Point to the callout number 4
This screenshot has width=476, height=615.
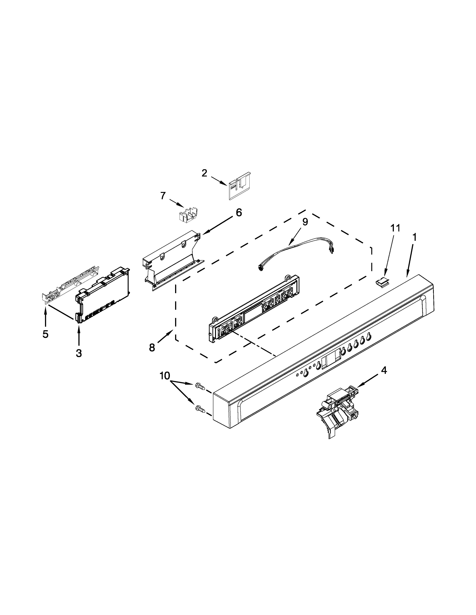click(x=384, y=371)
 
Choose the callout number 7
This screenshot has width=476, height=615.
click(x=163, y=195)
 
